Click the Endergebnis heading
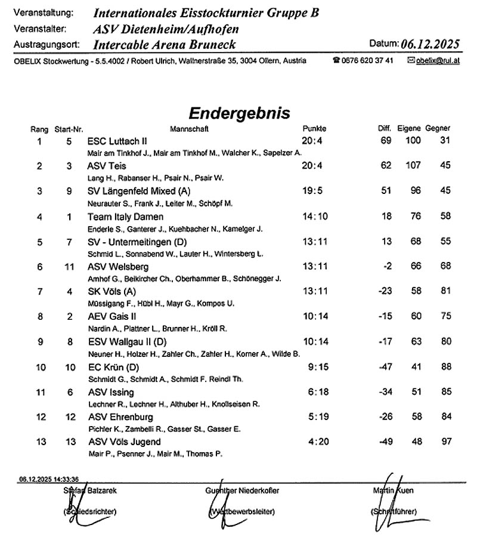239,113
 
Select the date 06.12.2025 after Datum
430,44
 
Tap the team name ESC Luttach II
117,141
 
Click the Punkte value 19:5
314,192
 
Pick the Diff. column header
384,129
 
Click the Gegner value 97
445,442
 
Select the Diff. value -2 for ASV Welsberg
388,267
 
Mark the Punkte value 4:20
315,442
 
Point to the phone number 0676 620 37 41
367,61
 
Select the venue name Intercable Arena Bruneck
165,45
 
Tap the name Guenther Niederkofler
242,490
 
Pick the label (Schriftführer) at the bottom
394,511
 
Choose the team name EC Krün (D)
113,367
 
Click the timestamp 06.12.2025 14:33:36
49,479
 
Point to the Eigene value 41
415,367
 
